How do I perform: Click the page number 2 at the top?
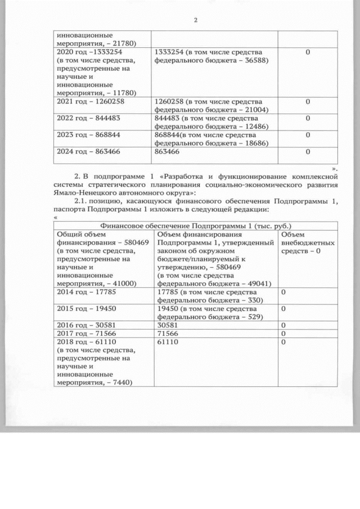[195, 21]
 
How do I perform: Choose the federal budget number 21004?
[256, 110]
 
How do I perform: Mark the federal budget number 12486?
[256, 126]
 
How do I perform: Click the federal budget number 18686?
[256, 142]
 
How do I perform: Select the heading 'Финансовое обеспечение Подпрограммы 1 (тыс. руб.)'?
[195, 226]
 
